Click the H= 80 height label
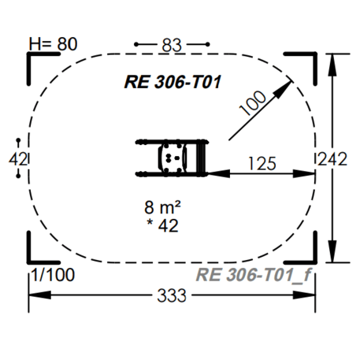[x=53, y=44]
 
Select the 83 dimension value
[x=172, y=45]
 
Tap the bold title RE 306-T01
[x=173, y=82]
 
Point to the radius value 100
[x=253, y=103]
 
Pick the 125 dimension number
[x=262, y=164]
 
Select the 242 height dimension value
[x=332, y=159]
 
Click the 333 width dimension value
[x=172, y=295]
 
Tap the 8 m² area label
[x=162, y=207]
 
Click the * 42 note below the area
[x=163, y=225]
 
